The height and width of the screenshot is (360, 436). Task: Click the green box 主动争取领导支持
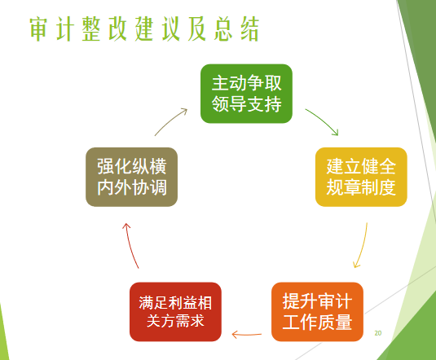tap(246, 94)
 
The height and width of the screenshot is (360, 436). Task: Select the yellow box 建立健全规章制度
tap(361, 177)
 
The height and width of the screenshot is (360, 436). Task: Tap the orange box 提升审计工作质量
tap(317, 312)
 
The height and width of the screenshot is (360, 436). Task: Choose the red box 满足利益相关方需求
tap(175, 312)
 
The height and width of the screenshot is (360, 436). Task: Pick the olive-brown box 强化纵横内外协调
tap(131, 177)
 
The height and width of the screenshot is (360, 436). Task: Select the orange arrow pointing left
tap(246, 334)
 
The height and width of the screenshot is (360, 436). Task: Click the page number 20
tap(378, 333)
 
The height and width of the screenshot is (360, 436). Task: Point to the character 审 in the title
tap(38, 29)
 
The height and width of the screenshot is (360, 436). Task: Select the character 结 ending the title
tap(250, 29)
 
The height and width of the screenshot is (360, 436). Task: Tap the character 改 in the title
tap(118, 29)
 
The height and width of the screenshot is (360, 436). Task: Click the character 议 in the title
tap(170, 29)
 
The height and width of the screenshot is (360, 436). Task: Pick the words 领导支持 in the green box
tap(247, 104)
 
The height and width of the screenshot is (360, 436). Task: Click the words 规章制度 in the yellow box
tap(361, 187)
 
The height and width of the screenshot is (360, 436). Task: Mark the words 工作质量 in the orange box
tap(317, 322)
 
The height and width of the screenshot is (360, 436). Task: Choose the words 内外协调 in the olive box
tap(132, 187)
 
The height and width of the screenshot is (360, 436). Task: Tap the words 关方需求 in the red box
tap(175, 321)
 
